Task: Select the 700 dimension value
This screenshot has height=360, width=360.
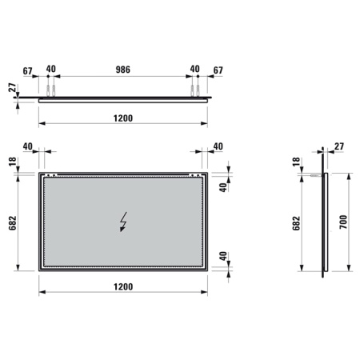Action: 342,221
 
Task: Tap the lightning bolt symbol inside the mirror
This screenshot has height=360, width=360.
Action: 124,220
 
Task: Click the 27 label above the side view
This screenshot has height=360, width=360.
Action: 338,146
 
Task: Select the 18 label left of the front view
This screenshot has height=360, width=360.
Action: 13,163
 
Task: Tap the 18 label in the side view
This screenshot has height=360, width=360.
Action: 297,162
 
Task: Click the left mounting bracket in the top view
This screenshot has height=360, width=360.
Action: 51,90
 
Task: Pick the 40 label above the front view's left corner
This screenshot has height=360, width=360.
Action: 27,146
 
